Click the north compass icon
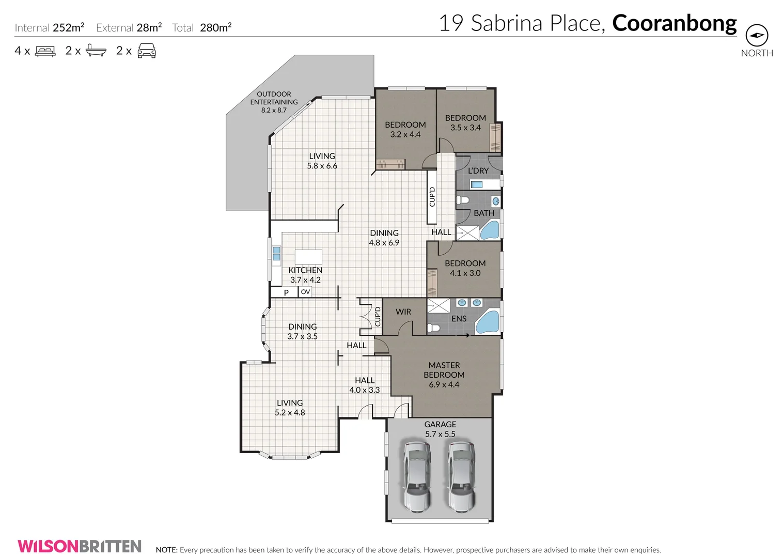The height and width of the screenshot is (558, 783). pyautogui.click(x=757, y=36)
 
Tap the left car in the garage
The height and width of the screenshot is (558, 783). pyautogui.click(x=417, y=476)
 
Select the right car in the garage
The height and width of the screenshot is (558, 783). pyautogui.click(x=461, y=476)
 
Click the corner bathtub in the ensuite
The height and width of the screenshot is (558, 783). pyautogui.click(x=488, y=322)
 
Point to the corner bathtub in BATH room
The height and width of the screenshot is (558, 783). pyautogui.click(x=490, y=230)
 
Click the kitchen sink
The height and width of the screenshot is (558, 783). pyautogui.click(x=276, y=253)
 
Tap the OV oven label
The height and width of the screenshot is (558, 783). pyautogui.click(x=305, y=292)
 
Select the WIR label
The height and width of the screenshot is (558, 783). pyautogui.click(x=403, y=312)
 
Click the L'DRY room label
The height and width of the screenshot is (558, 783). pyautogui.click(x=478, y=171)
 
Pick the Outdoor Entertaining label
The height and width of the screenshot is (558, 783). pyautogui.click(x=274, y=102)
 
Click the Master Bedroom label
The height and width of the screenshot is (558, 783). pyautogui.click(x=444, y=375)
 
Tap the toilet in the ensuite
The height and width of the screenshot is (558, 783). pyautogui.click(x=434, y=328)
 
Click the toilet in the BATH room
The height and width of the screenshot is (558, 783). pyautogui.click(x=462, y=199)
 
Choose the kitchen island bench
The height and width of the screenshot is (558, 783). pyautogui.click(x=308, y=257)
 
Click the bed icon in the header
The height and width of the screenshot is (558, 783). pyautogui.click(x=45, y=51)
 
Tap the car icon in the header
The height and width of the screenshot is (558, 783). pyautogui.click(x=147, y=51)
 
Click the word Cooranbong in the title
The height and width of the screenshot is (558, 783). pyautogui.click(x=674, y=23)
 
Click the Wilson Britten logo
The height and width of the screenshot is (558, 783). pyautogui.click(x=80, y=546)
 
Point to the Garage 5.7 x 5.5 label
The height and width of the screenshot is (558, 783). pyautogui.click(x=440, y=429)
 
